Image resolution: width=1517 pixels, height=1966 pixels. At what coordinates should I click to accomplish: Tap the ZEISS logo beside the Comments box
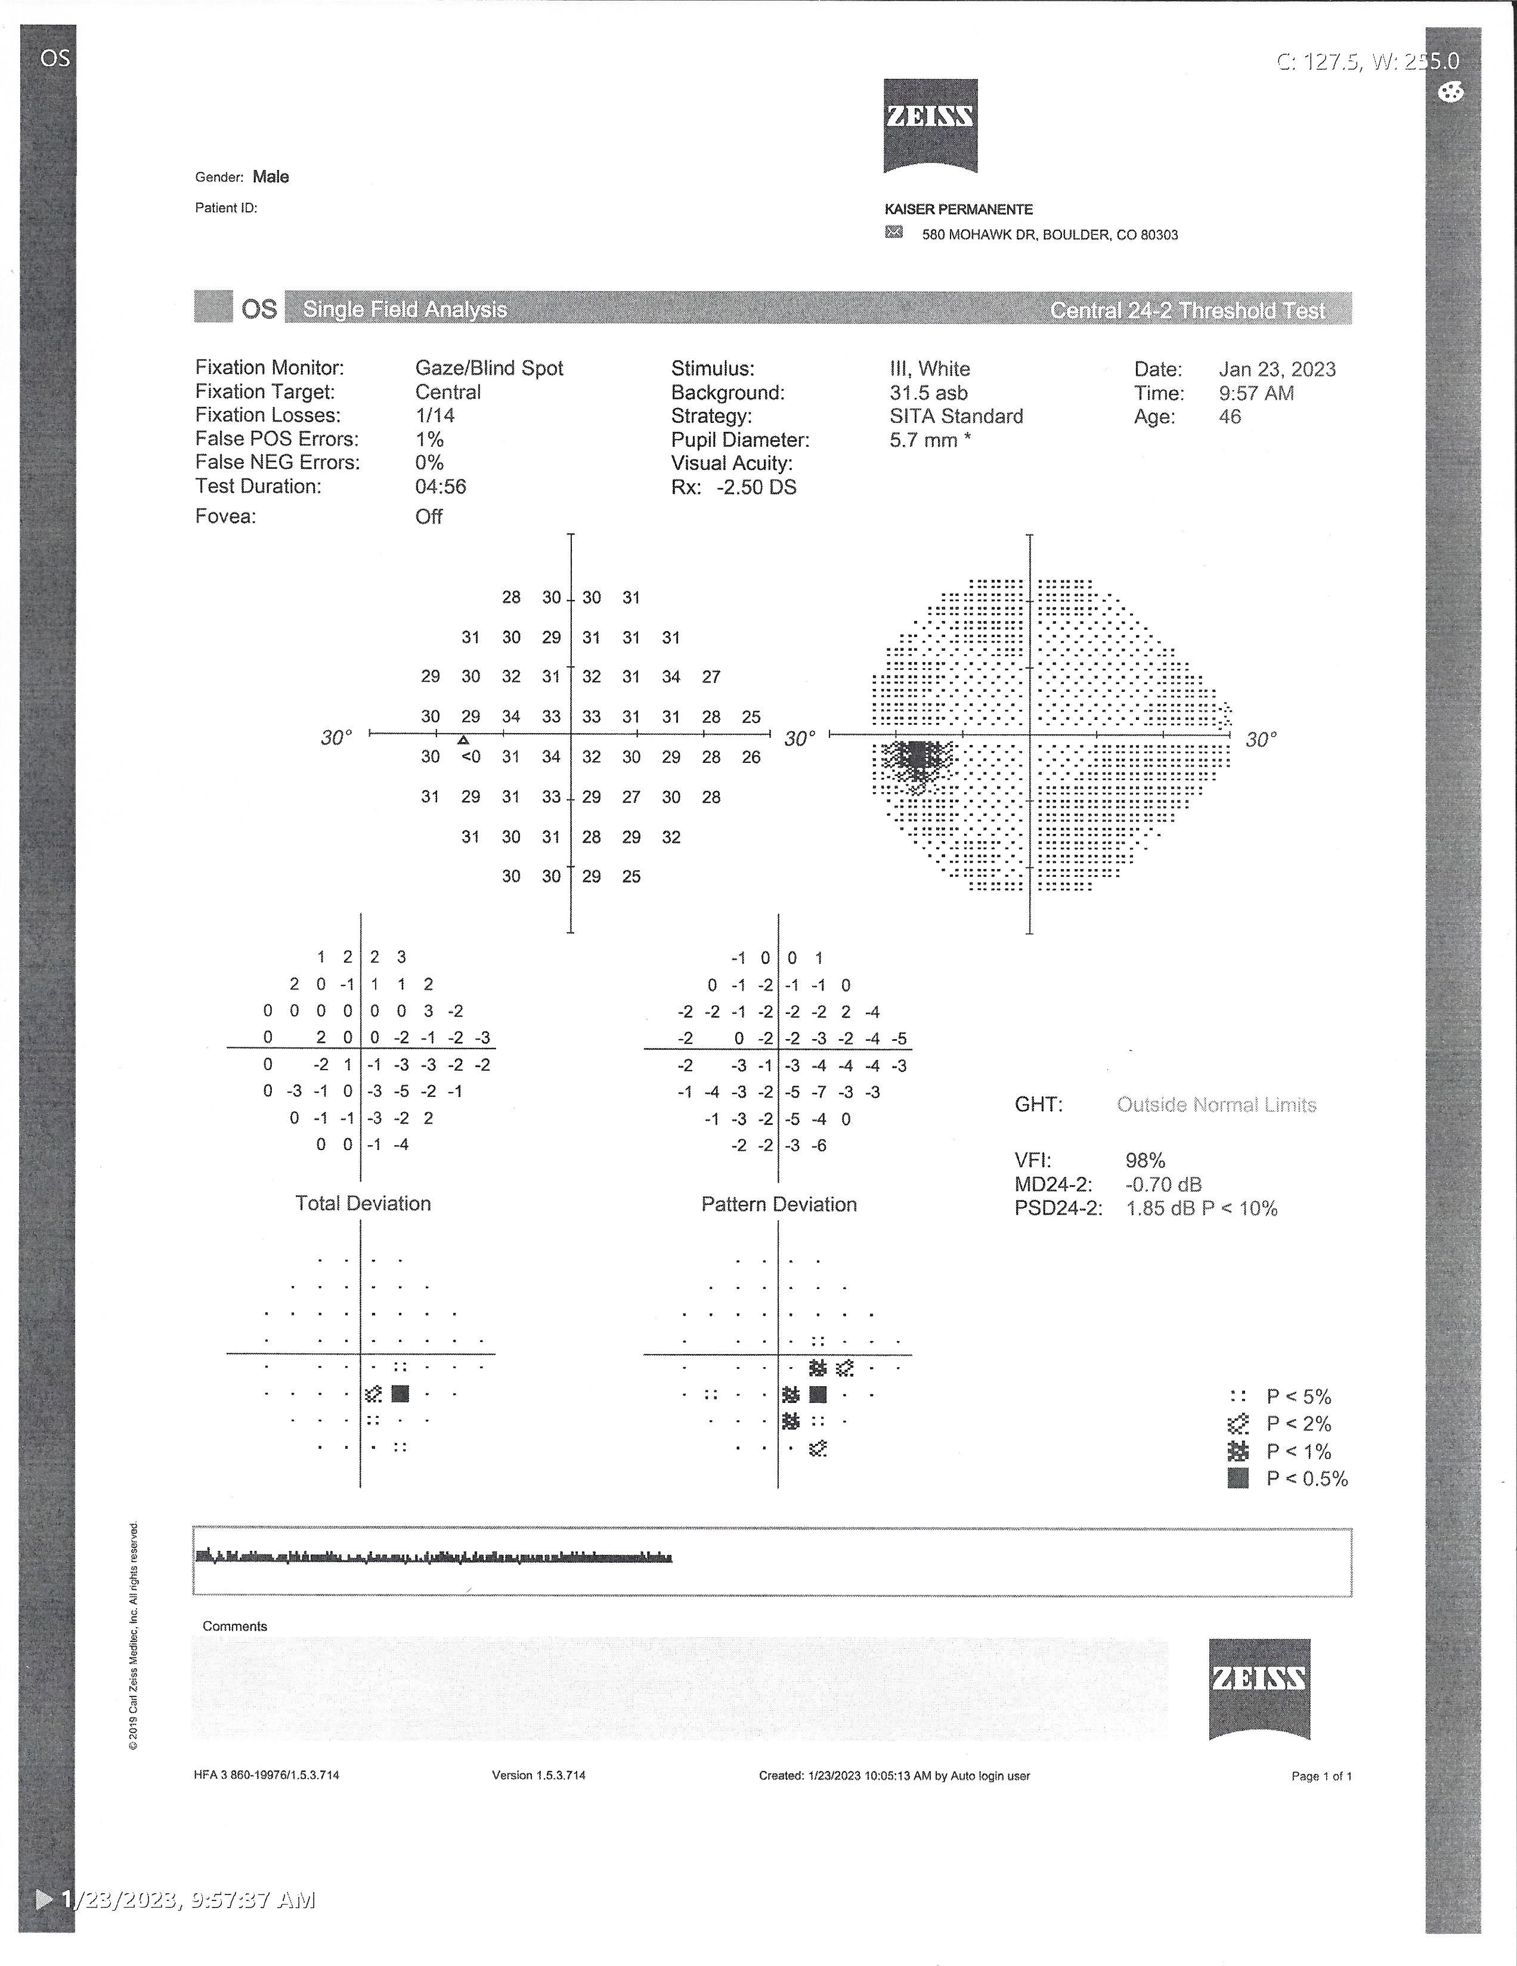tap(1259, 1689)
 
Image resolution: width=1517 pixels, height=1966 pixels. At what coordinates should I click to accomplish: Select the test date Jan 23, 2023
tap(1277, 369)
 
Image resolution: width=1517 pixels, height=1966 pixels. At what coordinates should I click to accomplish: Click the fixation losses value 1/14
tap(435, 415)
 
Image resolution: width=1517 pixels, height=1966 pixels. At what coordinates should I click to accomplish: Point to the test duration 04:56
tap(440, 486)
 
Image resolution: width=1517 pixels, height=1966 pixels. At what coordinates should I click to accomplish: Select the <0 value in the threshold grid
tap(470, 757)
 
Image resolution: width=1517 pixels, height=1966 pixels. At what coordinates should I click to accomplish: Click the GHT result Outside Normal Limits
tap(1216, 1105)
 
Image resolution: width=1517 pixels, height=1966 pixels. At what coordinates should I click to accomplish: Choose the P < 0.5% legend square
tap(1238, 1478)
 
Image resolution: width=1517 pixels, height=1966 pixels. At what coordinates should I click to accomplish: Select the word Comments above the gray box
tap(235, 1626)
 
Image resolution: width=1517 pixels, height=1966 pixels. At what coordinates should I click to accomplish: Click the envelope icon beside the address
tap(893, 232)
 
